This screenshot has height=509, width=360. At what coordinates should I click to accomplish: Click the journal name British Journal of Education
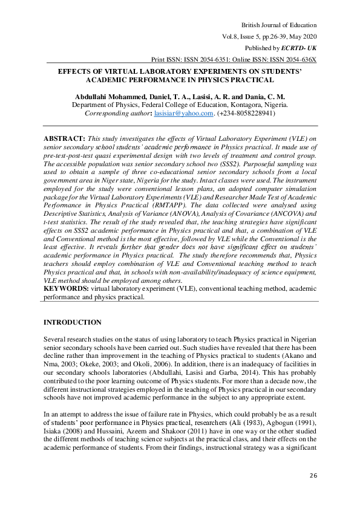coord(279,25)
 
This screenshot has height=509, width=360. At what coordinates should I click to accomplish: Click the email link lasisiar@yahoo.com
coord(184,113)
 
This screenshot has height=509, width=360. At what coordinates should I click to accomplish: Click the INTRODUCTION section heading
coord(73,322)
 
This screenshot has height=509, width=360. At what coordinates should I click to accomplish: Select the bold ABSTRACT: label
coord(64,138)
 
